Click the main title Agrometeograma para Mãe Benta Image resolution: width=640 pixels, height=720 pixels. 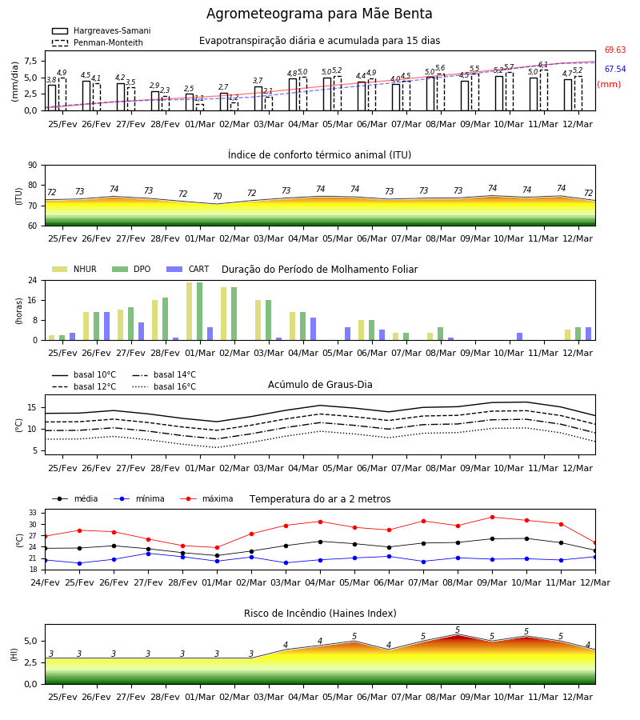tap(319, 14)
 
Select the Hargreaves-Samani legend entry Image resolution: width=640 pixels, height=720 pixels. tap(101, 30)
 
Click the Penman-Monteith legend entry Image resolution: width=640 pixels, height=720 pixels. tap(98, 42)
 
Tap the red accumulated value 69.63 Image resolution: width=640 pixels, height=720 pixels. tap(614, 50)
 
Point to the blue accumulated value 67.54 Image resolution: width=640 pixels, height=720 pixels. tap(614, 70)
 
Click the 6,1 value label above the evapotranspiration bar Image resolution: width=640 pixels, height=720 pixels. tap(543, 65)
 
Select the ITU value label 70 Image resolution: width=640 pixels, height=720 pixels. tap(217, 196)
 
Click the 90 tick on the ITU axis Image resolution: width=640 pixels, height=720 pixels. tap(33, 166)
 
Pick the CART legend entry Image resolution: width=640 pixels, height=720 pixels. tap(187, 269)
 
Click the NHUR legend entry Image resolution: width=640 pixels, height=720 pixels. tap(74, 269)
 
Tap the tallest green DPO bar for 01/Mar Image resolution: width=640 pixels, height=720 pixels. tap(200, 311)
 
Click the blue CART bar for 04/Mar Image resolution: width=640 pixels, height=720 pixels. tap(313, 329)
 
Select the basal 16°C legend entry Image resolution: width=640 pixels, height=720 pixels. tap(164, 386)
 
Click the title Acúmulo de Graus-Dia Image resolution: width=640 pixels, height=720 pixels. tap(320, 384)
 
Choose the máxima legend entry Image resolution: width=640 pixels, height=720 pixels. tap(206, 498)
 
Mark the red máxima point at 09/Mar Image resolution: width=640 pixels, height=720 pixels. tap(492, 517)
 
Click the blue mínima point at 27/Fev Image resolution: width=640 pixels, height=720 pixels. tap(148, 554)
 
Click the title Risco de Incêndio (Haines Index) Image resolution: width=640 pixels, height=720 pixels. tap(320, 614)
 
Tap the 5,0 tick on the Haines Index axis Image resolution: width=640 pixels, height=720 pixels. tap(30, 642)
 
